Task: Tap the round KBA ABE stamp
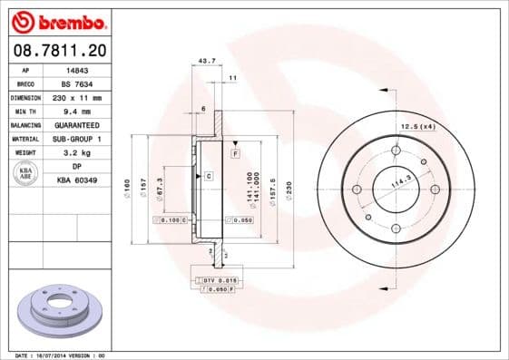click(x=26, y=175)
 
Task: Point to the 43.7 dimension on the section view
click(x=207, y=62)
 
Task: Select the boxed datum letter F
click(x=235, y=154)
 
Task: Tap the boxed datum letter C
click(x=209, y=175)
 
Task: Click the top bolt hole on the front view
click(x=396, y=151)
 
